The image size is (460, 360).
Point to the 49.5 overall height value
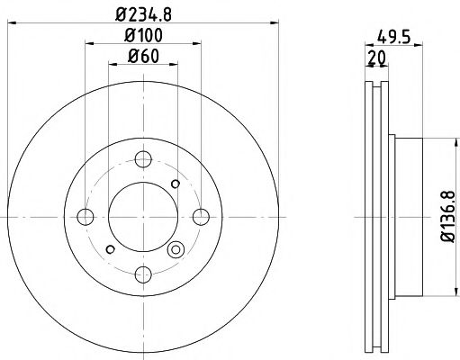388,39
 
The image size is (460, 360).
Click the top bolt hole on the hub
141,160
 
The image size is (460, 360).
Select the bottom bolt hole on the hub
141,273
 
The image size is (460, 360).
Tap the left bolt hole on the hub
86,217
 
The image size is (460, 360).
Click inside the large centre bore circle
141,217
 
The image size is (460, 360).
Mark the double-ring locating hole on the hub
176,250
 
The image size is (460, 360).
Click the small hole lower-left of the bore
109,249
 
